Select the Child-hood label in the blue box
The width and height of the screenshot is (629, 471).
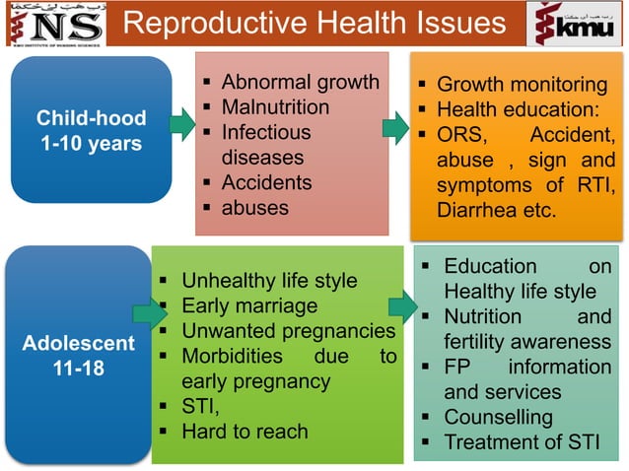click(91, 118)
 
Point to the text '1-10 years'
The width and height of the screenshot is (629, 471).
click(91, 144)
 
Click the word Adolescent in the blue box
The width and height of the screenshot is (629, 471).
click(79, 344)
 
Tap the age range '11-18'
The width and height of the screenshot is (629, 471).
click(79, 370)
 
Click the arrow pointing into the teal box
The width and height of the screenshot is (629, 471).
click(402, 306)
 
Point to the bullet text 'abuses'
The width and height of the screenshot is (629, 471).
click(254, 207)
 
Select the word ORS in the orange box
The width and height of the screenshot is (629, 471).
click(457, 134)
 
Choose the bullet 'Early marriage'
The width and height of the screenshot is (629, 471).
click(249, 305)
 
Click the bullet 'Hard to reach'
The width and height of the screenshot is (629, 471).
click(245, 431)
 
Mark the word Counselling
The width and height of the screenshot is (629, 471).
click(499, 417)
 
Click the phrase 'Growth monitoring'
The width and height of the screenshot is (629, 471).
click(522, 85)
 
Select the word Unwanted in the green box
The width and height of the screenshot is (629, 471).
click(226, 331)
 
